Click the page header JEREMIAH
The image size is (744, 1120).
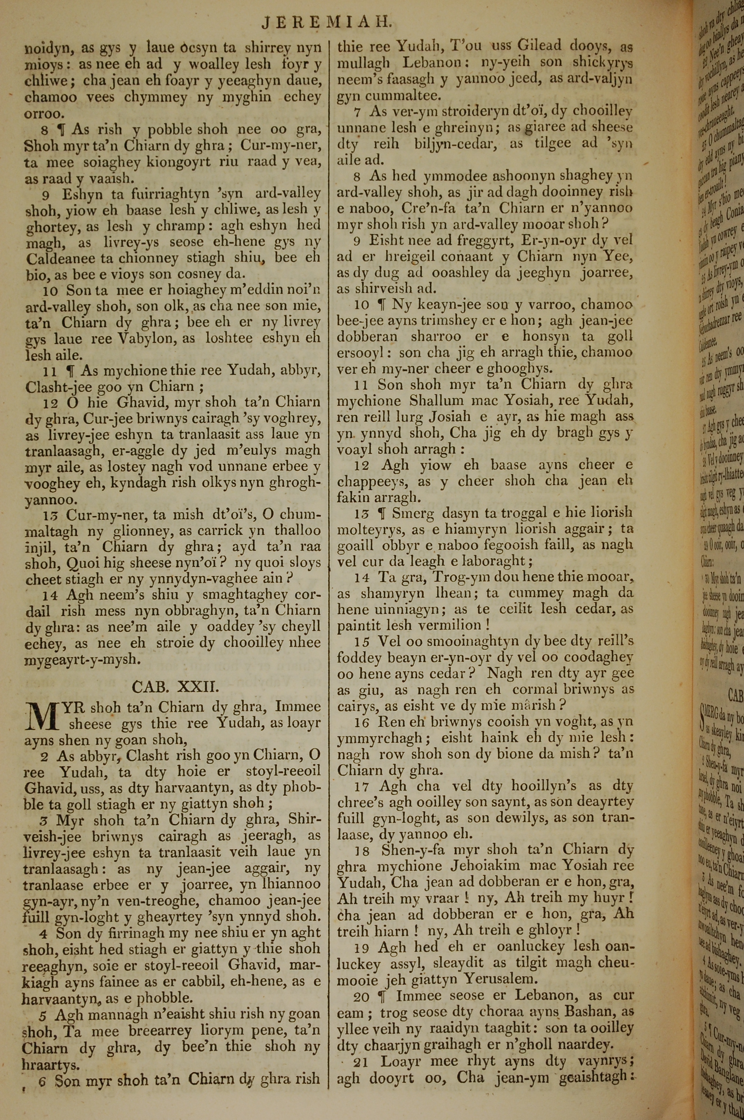click(327, 23)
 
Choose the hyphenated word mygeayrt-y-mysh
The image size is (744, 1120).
click(83, 659)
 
